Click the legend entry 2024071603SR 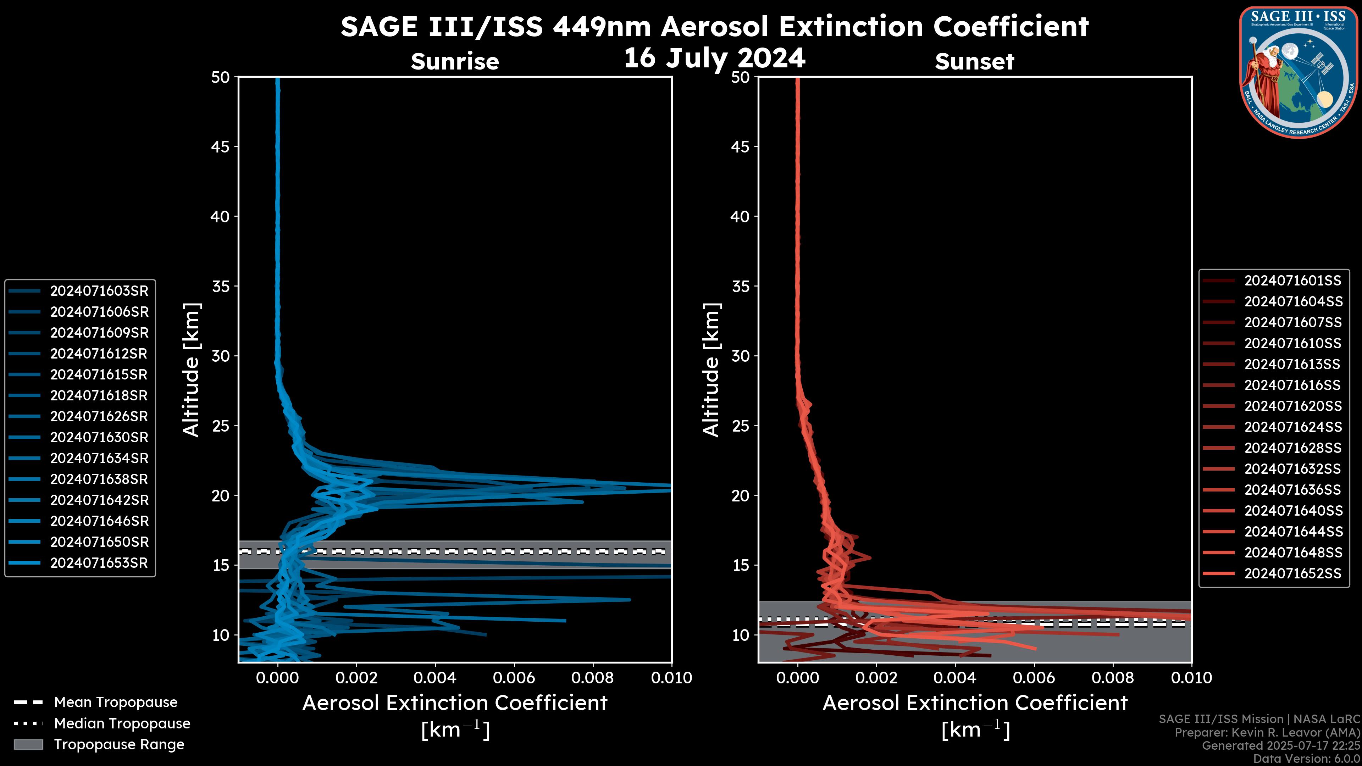[99, 291]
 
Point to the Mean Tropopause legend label [116, 702]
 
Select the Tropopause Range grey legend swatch [28, 744]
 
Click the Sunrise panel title [455, 61]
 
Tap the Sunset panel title [974, 61]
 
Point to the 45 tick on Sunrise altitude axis [221, 146]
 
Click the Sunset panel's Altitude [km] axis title [711, 370]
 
